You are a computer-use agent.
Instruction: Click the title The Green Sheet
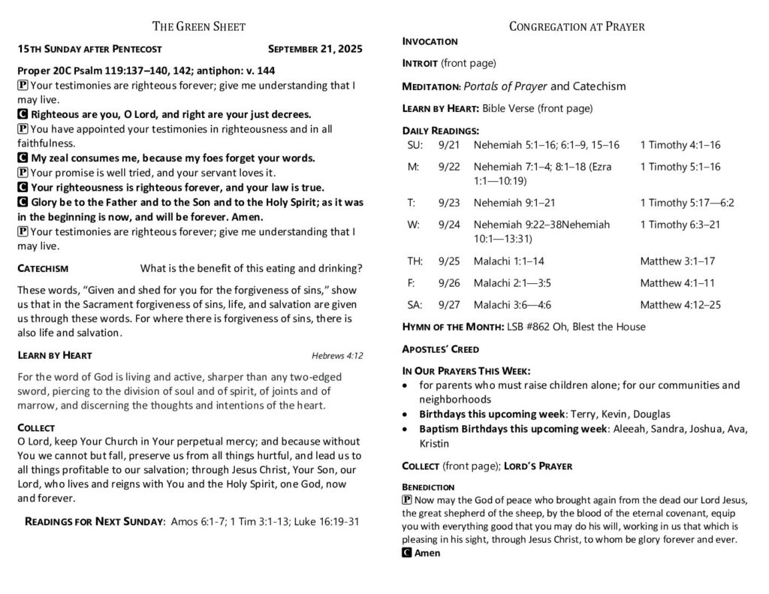point(199,27)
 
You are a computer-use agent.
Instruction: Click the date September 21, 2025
point(315,49)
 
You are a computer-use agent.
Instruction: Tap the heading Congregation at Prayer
point(577,27)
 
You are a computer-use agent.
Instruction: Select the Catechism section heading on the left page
point(43,268)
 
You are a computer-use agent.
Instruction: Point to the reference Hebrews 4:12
point(337,356)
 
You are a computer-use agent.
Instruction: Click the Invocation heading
point(430,41)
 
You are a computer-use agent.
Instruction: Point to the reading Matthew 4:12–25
point(680,305)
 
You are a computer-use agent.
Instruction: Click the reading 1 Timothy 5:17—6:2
point(687,203)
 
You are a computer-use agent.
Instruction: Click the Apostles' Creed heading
point(441,349)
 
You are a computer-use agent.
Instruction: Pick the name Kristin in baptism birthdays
point(435,444)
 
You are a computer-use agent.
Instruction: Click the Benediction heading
point(428,487)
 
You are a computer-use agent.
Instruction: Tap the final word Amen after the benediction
point(427,553)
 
